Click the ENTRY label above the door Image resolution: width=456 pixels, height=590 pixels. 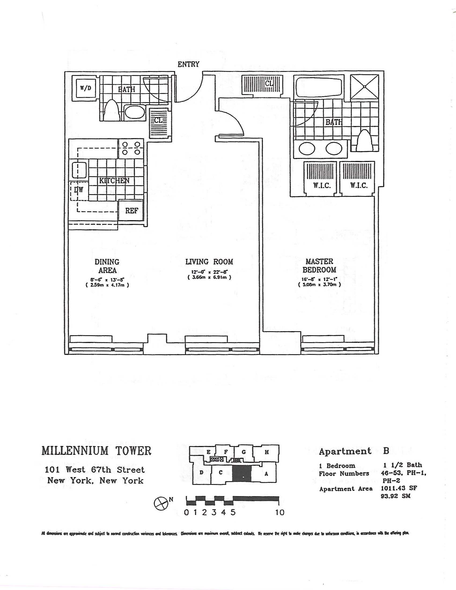click(x=188, y=64)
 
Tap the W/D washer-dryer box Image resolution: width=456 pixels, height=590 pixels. click(x=86, y=88)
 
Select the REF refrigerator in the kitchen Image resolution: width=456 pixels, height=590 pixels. click(x=131, y=211)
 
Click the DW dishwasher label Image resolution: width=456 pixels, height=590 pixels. click(x=79, y=190)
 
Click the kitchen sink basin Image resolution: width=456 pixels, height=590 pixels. click(x=79, y=169)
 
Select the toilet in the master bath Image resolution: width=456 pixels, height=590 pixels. click(x=365, y=141)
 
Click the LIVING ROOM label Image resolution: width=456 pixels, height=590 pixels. click(x=209, y=261)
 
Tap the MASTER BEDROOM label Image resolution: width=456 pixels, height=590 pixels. click(x=319, y=265)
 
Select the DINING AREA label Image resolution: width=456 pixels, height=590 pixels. click(x=107, y=266)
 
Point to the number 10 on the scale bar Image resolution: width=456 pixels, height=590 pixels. click(x=280, y=512)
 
